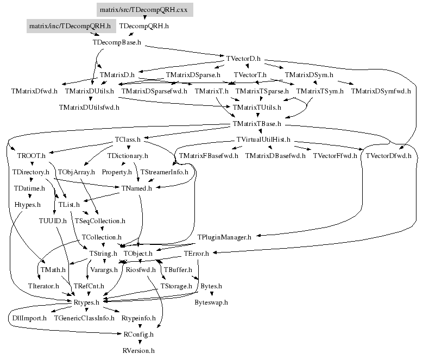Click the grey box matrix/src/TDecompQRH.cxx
[x=144, y=10]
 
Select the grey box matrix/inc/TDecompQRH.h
[x=70, y=26]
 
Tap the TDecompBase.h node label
[x=117, y=41]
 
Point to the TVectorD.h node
[x=244, y=58]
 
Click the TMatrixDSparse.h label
[x=193, y=74]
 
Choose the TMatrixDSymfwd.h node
[x=381, y=91]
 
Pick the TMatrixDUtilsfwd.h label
[x=89, y=107]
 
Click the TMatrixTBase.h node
[x=257, y=124]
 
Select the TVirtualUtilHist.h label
[x=264, y=140]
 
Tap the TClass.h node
[x=128, y=140]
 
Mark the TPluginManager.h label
[x=224, y=237]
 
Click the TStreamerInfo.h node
[x=164, y=172]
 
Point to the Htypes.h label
[x=28, y=205]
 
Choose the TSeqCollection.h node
[x=100, y=221]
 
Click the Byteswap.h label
[x=211, y=302]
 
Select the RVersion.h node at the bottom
[x=139, y=351]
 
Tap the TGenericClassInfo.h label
[x=84, y=318]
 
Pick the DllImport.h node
[x=29, y=318]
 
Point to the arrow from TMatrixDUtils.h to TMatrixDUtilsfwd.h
[x=90, y=99]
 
